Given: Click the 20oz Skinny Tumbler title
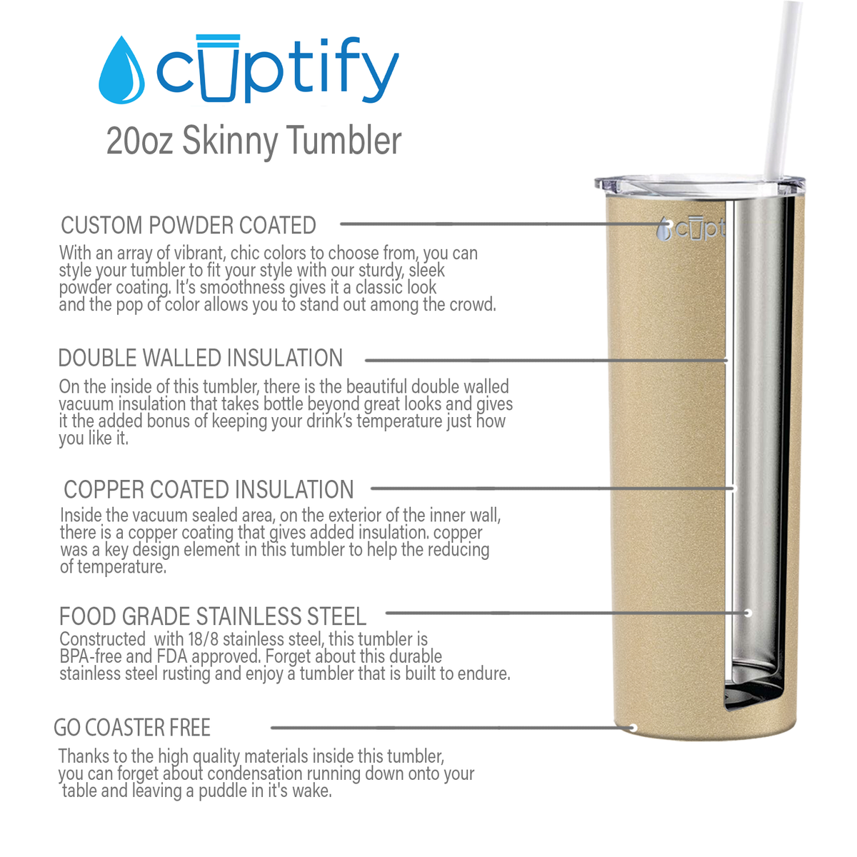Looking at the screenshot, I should pos(254,141).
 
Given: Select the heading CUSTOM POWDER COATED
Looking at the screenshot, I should pos(189,226).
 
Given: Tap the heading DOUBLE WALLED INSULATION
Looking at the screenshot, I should pos(201,358).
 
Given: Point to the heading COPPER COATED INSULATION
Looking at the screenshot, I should pos(209,490).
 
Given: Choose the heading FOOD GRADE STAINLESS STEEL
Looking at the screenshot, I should pos(213,616).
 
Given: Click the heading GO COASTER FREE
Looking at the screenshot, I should pos(132,728).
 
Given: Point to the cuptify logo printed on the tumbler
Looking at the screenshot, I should pos(691,229).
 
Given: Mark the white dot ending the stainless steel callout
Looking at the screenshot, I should pos(748,613).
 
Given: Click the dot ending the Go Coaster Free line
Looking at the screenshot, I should pos(633,728).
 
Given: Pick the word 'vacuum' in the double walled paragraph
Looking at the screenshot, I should pos(81,404).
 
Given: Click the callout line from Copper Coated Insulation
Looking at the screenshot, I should pos(550,489).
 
